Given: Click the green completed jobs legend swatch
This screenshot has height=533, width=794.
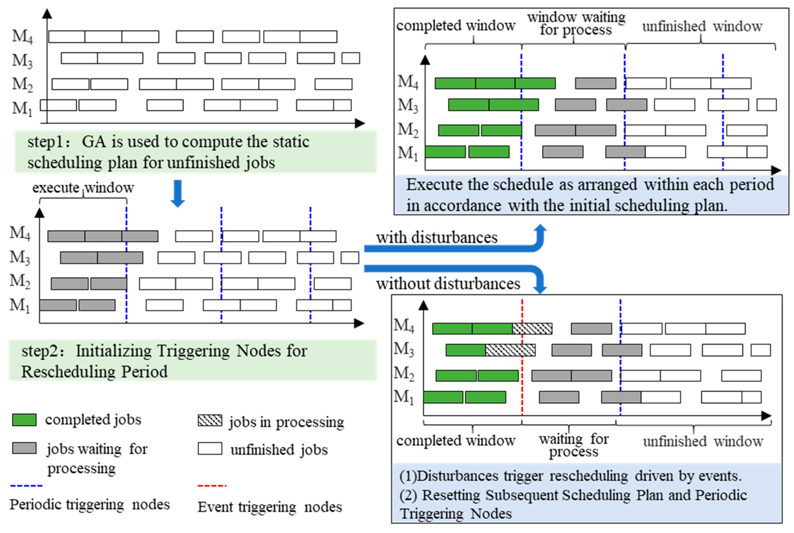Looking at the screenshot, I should click(24, 420).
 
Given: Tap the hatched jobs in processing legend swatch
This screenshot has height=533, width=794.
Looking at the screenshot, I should click(210, 421).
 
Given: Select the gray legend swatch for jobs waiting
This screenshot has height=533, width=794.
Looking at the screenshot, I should click(24, 448).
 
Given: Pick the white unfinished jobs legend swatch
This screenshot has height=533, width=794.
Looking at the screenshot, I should click(210, 448).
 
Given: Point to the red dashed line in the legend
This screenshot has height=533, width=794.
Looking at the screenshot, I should click(212, 486).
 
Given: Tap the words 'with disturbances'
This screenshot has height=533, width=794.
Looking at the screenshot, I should click(436, 237).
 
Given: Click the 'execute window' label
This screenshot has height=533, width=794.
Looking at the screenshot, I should click(83, 188).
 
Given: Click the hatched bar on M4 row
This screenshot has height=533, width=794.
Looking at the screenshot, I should click(532, 329).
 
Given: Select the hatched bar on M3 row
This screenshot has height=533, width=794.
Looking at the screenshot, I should click(510, 350).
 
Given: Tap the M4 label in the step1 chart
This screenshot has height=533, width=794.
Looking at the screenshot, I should click(23, 36).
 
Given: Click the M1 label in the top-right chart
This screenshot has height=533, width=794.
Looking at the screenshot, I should click(408, 153).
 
